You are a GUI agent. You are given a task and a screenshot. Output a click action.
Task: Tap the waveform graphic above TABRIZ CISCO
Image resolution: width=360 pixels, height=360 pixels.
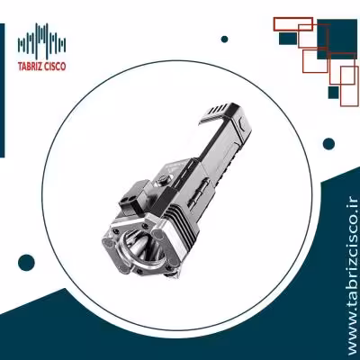[x=41, y=40]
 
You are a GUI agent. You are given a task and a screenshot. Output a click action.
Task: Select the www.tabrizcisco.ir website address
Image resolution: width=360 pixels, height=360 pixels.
[x=350, y=276]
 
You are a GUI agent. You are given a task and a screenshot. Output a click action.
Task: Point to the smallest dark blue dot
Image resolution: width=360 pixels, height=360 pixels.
[x=224, y=39]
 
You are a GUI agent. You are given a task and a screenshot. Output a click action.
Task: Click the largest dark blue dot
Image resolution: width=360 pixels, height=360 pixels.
[x=26, y=263]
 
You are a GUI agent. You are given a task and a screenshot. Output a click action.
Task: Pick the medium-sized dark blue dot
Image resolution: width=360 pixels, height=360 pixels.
[x=328, y=144]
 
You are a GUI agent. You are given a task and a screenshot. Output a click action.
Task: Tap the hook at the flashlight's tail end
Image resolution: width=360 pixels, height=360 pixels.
[x=217, y=112]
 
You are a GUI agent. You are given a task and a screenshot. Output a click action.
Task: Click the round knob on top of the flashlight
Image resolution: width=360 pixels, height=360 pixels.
[x=164, y=180]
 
